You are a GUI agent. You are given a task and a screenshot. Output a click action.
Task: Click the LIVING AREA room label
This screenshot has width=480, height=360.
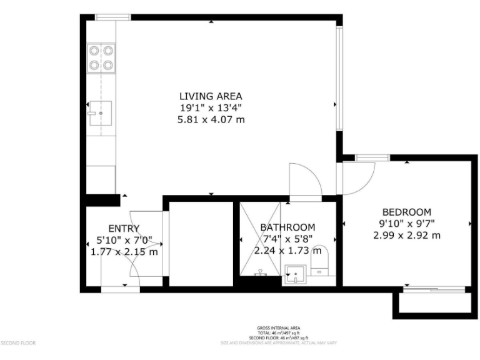(211, 96)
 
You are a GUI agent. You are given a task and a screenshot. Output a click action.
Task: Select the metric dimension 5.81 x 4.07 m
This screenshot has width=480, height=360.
(211, 119)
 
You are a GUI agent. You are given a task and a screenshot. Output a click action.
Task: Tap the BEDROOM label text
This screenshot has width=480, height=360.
(406, 212)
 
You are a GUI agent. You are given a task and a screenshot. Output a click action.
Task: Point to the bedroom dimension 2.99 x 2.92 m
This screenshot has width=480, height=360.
(406, 236)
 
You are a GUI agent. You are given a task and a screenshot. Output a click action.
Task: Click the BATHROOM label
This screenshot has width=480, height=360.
(287, 227)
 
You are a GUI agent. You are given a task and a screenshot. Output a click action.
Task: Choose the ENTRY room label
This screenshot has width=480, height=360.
(124, 229)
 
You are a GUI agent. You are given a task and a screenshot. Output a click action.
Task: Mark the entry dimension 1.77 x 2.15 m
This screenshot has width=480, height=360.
(124, 252)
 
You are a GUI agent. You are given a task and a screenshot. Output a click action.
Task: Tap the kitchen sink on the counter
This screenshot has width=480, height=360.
(100, 113)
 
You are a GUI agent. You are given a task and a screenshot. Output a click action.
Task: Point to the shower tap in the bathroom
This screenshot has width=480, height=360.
(262, 272)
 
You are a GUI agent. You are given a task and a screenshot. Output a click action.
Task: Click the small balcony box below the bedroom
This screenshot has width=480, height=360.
(431, 304)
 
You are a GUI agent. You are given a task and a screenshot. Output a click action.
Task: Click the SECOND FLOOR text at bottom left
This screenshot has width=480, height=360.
(18, 343)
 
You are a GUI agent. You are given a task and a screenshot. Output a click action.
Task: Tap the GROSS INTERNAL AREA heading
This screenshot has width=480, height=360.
(278, 328)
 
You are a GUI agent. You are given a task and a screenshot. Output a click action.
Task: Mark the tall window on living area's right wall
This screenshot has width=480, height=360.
(339, 79)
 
